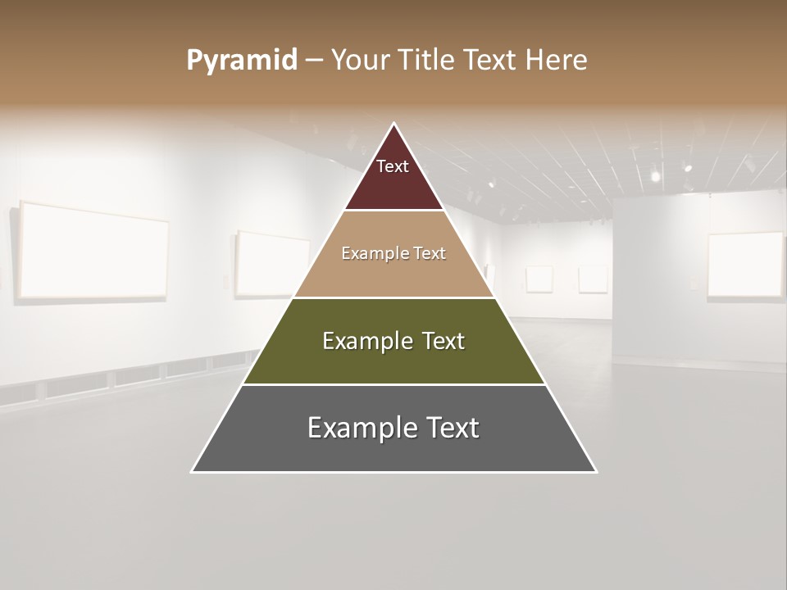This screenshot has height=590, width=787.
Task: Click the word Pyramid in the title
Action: [241, 61]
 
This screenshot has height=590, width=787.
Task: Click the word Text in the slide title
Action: [490, 61]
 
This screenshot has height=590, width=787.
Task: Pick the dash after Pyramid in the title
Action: [313, 61]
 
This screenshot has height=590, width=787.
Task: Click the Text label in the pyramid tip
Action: [393, 167]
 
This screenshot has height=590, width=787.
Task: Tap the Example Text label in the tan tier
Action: [393, 254]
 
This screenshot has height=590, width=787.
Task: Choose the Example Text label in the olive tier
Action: [393, 341]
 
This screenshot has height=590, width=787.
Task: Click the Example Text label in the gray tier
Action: [393, 428]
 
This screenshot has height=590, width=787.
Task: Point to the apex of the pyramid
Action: [394, 125]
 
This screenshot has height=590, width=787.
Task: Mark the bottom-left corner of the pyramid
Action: [193, 471]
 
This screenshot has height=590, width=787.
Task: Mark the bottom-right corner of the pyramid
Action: [596, 471]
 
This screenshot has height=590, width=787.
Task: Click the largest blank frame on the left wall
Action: [93, 250]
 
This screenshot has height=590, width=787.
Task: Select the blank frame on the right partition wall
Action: [745, 265]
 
